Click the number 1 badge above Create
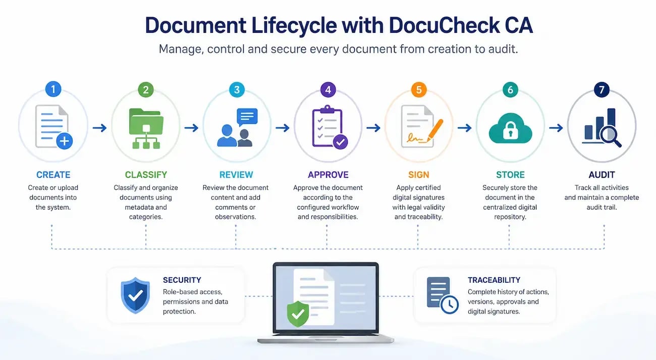(x=53, y=89)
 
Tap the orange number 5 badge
(x=419, y=90)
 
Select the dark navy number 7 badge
(x=602, y=90)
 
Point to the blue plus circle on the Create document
(x=65, y=141)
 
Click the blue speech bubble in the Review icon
(x=247, y=117)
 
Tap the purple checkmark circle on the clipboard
(x=340, y=142)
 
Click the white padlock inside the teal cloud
(x=511, y=131)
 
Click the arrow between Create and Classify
(x=99, y=128)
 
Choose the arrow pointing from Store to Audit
(x=556, y=128)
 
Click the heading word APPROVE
(x=328, y=175)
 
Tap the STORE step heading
(x=510, y=175)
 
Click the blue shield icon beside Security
(x=135, y=295)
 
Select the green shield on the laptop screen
(x=298, y=314)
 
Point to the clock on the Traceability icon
(x=450, y=304)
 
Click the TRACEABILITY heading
(x=494, y=280)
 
